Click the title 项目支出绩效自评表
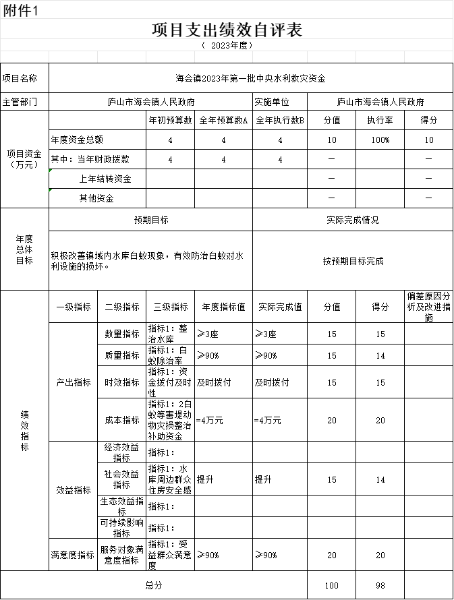tap(227, 30)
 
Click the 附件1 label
tap(21, 10)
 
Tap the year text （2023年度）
tap(227, 45)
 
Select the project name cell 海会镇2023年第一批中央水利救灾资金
tap(250, 79)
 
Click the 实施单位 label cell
tap(271, 102)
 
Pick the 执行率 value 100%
tap(380, 140)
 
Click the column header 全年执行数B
tap(279, 120)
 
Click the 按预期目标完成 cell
tap(353, 261)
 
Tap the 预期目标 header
tap(151, 220)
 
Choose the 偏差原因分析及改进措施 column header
tap(429, 307)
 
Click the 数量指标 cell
tap(122, 334)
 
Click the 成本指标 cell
tap(122, 420)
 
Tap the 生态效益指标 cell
tap(122, 506)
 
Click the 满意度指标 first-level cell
tap(73, 555)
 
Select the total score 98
tap(380, 585)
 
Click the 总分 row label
tap(154, 585)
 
